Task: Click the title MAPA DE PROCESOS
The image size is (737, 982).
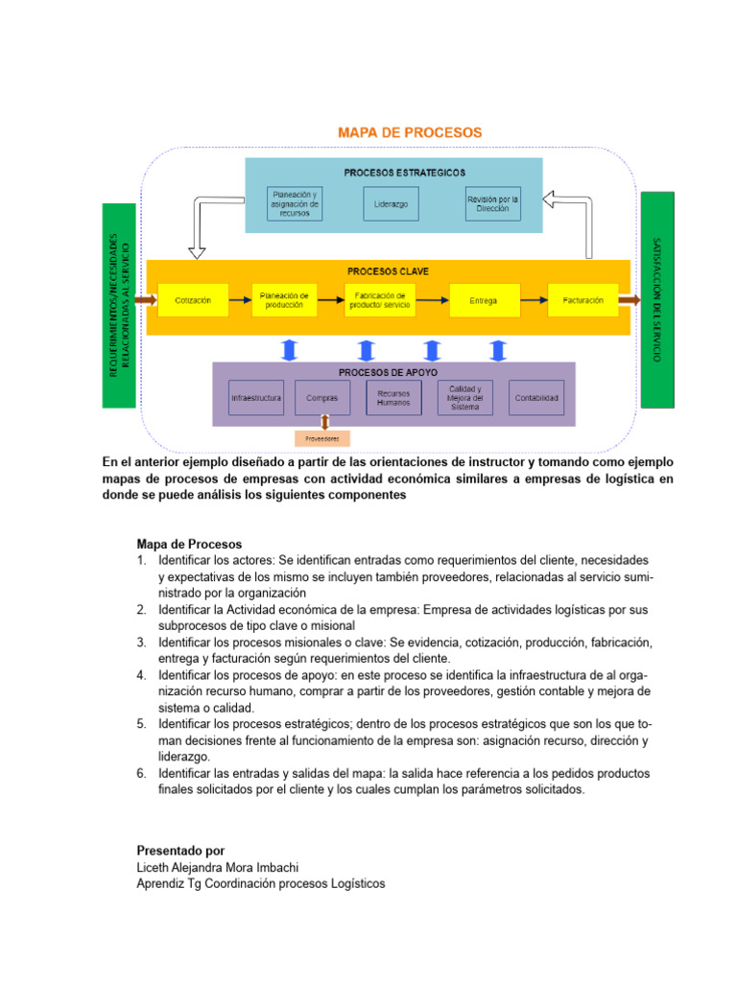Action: pyautogui.click(x=409, y=132)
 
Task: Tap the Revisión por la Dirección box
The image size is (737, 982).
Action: pyautogui.click(x=493, y=204)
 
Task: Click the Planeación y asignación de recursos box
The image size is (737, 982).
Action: pyautogui.click(x=295, y=204)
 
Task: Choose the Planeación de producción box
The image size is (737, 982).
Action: pyautogui.click(x=284, y=300)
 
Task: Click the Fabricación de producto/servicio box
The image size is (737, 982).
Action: pyautogui.click(x=379, y=300)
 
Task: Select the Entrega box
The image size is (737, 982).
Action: pyautogui.click(x=484, y=300)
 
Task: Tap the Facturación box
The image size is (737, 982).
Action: pyautogui.click(x=583, y=300)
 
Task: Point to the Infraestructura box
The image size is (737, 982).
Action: pyautogui.click(x=256, y=398)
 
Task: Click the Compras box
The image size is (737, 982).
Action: pyautogui.click(x=321, y=398)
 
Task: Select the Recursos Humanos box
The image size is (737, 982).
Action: pyautogui.click(x=393, y=398)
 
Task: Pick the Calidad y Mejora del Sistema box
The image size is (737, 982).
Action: pyautogui.click(x=465, y=398)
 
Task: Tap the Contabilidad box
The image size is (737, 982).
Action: pyautogui.click(x=536, y=398)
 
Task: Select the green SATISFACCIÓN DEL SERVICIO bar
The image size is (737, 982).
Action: pyautogui.click(x=657, y=299)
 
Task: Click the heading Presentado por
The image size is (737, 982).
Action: pyautogui.click(x=180, y=851)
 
